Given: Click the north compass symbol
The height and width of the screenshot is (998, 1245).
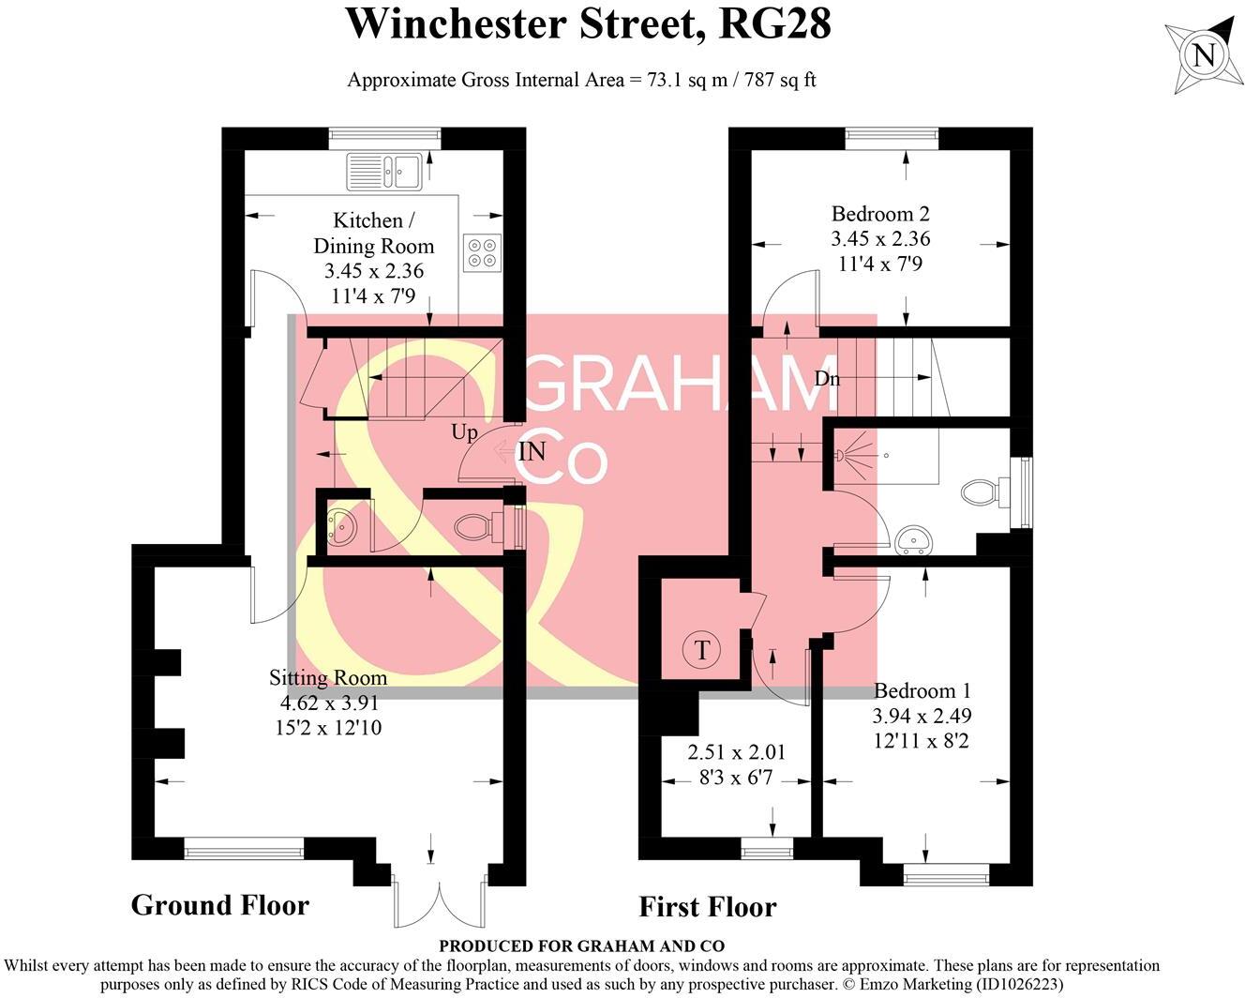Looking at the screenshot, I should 1204,55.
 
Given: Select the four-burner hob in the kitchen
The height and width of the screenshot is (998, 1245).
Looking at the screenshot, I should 482,251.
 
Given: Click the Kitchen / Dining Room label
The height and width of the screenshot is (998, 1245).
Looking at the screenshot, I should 374,234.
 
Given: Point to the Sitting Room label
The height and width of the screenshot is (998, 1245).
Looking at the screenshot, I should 327,678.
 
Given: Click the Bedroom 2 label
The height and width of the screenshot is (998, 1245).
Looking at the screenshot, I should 880,214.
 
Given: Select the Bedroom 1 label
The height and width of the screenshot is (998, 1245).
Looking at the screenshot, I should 922,691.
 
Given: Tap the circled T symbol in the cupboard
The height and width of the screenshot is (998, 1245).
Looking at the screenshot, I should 701,649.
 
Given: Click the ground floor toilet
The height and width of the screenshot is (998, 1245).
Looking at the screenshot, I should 474,527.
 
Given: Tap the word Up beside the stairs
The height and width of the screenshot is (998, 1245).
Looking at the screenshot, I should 464,432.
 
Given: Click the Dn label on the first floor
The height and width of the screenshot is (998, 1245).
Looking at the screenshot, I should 827,379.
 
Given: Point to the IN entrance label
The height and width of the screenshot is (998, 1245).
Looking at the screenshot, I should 532,452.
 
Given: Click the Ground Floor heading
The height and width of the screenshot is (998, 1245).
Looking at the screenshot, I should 219,905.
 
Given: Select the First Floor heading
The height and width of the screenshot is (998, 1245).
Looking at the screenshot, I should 707,907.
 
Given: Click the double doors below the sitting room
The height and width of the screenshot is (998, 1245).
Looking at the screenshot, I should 439,900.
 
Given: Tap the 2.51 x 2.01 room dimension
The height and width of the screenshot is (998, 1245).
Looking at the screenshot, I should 736,752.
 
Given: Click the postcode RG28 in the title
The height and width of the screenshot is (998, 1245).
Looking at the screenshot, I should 774,24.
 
